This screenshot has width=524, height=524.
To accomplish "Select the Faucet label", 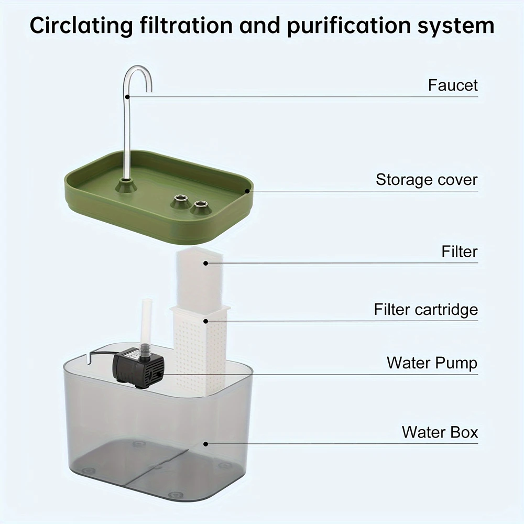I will click(453, 85).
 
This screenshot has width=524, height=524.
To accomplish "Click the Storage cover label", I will click(427, 180).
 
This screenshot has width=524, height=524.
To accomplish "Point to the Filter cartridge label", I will click(425, 309).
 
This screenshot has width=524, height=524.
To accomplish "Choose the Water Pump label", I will click(432, 363).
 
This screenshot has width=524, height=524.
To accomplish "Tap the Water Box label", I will click(440, 432).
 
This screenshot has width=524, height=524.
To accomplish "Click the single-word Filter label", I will click(460, 252).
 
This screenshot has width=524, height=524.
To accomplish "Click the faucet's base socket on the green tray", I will click(126, 185).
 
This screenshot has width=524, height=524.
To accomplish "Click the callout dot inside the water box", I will click(206, 444).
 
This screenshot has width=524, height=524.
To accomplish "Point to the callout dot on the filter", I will click(206, 263).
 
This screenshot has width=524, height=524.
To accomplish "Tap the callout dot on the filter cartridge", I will click(206, 321).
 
